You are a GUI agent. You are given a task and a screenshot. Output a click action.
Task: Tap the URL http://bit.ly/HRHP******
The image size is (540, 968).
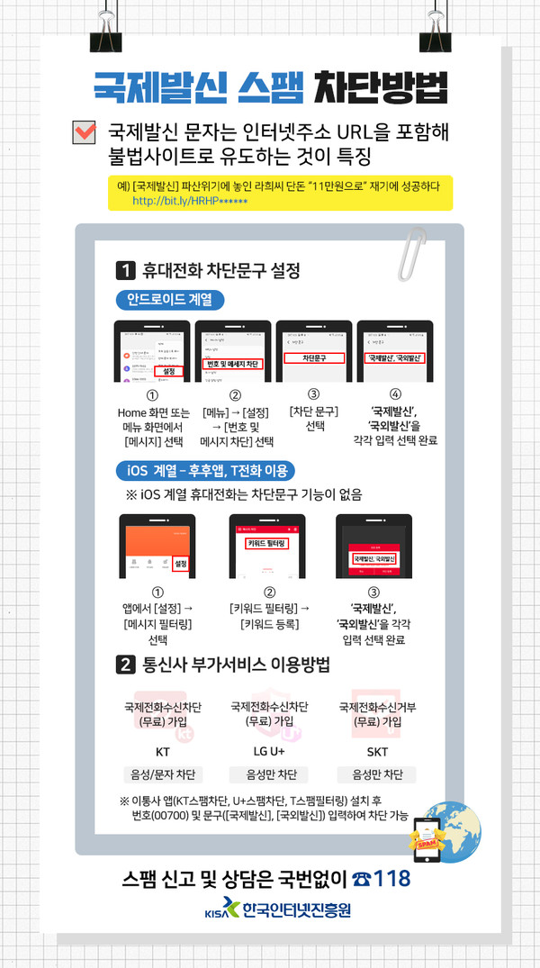182,201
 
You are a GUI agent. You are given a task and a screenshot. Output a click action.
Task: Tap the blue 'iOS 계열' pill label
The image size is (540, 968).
205,470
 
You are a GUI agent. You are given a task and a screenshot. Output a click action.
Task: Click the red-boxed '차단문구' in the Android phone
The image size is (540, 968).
314,357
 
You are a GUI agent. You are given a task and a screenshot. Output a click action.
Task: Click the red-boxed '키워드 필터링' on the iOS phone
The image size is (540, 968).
267,544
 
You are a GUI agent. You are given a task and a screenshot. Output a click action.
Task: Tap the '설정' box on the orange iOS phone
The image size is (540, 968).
180,564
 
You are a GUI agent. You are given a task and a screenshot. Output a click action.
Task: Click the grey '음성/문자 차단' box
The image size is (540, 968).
163,775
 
